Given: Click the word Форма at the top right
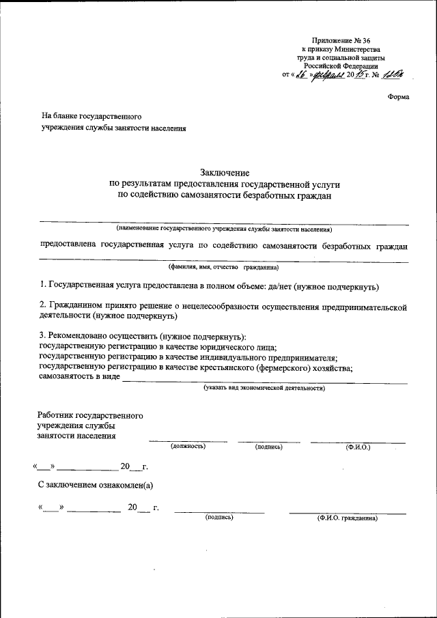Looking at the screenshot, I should click(x=398, y=97).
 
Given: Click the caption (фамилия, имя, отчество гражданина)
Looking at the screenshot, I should click(x=224, y=268).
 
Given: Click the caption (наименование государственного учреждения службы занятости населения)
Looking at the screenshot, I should click(x=224, y=229).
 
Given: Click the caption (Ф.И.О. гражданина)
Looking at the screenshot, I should click(x=347, y=518).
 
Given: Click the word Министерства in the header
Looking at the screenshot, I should click(x=354, y=50).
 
